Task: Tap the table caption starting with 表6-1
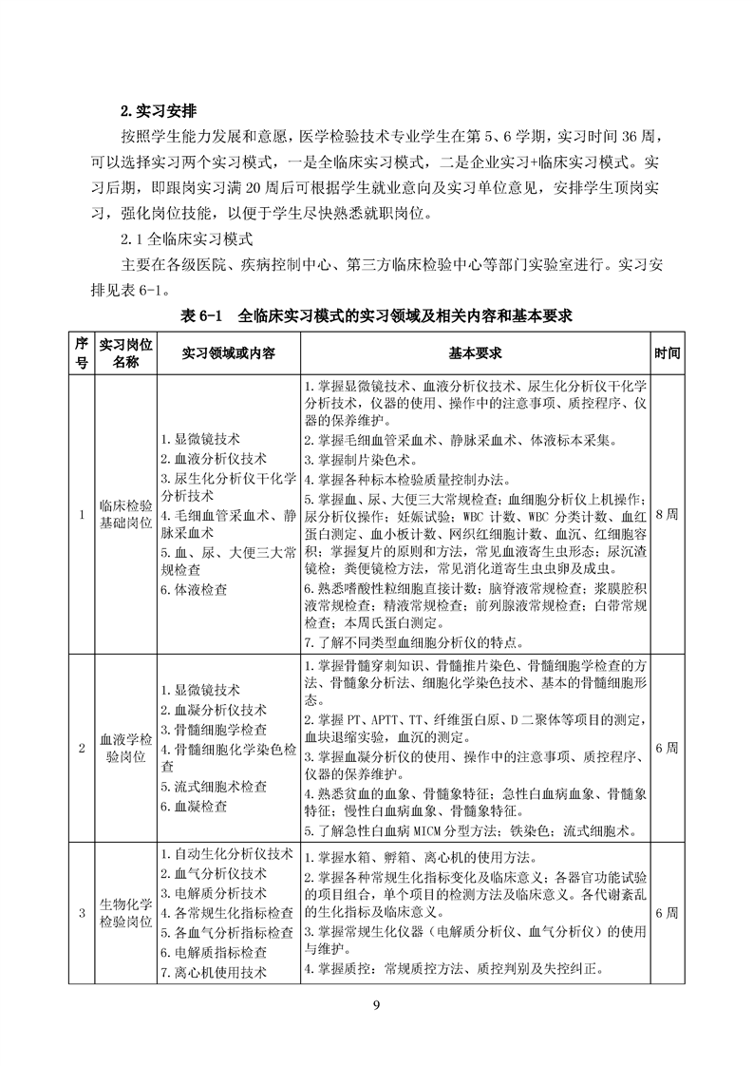375,314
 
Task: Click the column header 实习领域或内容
228,352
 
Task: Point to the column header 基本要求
475,352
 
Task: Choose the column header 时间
667,352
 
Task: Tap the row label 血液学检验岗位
124,748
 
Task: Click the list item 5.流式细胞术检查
213,787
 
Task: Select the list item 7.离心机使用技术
213,972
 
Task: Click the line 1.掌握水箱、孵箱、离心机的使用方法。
435,857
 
